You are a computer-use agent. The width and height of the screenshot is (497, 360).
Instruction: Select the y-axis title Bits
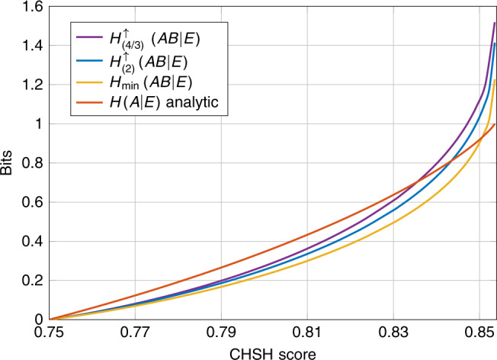7,162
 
